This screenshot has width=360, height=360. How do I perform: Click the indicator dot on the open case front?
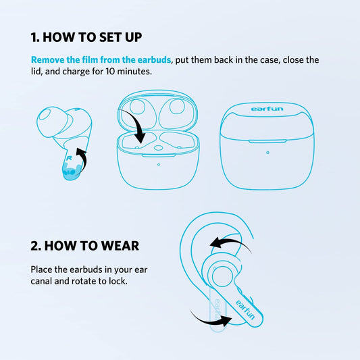pyautogui.click(x=158, y=164)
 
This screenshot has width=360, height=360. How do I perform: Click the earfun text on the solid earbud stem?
pyautogui.click(x=245, y=307)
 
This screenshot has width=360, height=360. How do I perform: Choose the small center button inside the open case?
pyautogui.click(x=157, y=147)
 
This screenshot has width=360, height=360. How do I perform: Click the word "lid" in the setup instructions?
pyautogui.click(x=36, y=72)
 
